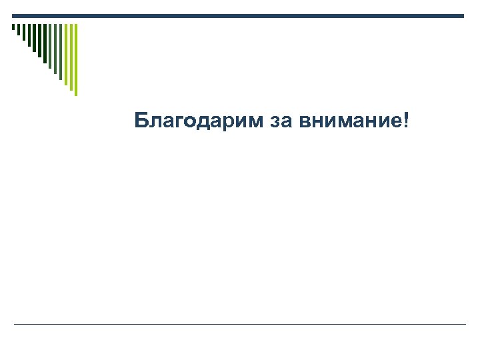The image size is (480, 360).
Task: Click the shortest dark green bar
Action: click(13, 27)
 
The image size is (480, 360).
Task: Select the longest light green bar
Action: click(75, 60)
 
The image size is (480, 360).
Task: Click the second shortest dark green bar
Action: click(18, 29)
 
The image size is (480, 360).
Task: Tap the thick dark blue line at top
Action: click(238, 16)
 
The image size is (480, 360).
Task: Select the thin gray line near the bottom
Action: click(240, 325)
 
